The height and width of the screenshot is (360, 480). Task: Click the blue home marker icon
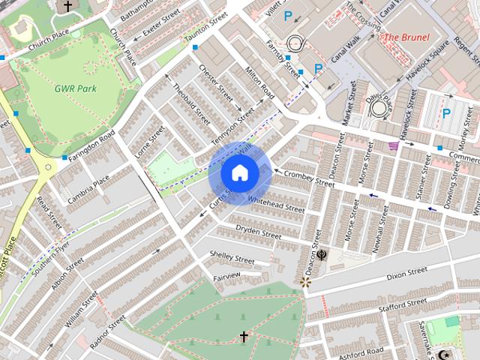coord(239,172)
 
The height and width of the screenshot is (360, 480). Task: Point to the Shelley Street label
coord(232,257)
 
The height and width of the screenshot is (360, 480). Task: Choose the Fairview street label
coord(226,276)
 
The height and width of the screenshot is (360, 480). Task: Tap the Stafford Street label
coord(403,303)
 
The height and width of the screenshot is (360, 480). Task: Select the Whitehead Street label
coord(276,205)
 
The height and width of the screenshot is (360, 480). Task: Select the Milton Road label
coord(259,82)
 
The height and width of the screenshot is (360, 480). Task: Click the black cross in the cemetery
coord(243,337)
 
